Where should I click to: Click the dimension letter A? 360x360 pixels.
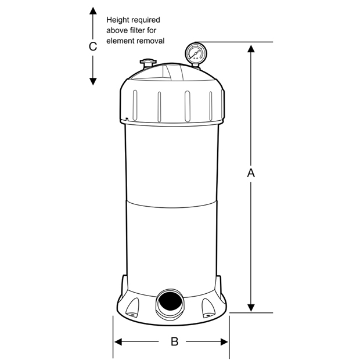tap(251, 173)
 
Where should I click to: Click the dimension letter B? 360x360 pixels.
tap(175, 341)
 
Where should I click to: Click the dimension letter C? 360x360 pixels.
tap(93, 46)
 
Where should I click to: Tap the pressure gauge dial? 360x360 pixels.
tap(196, 53)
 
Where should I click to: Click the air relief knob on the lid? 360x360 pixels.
tap(148, 62)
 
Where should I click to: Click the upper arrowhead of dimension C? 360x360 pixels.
tap(93, 11)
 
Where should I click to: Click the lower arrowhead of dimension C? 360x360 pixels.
tap(93, 81)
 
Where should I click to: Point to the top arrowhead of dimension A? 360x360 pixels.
tap(251, 49)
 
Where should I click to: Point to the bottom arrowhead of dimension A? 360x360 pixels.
tap(251, 308)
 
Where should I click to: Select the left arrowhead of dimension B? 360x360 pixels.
tap(118, 342)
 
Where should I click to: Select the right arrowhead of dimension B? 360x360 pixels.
tap(224, 342)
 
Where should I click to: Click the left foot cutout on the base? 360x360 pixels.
tap(132, 308)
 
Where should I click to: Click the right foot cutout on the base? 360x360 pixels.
tap(208, 308)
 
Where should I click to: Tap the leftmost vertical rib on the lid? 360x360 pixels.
tap(135, 105)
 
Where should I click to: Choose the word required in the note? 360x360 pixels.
tap(146, 20)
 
